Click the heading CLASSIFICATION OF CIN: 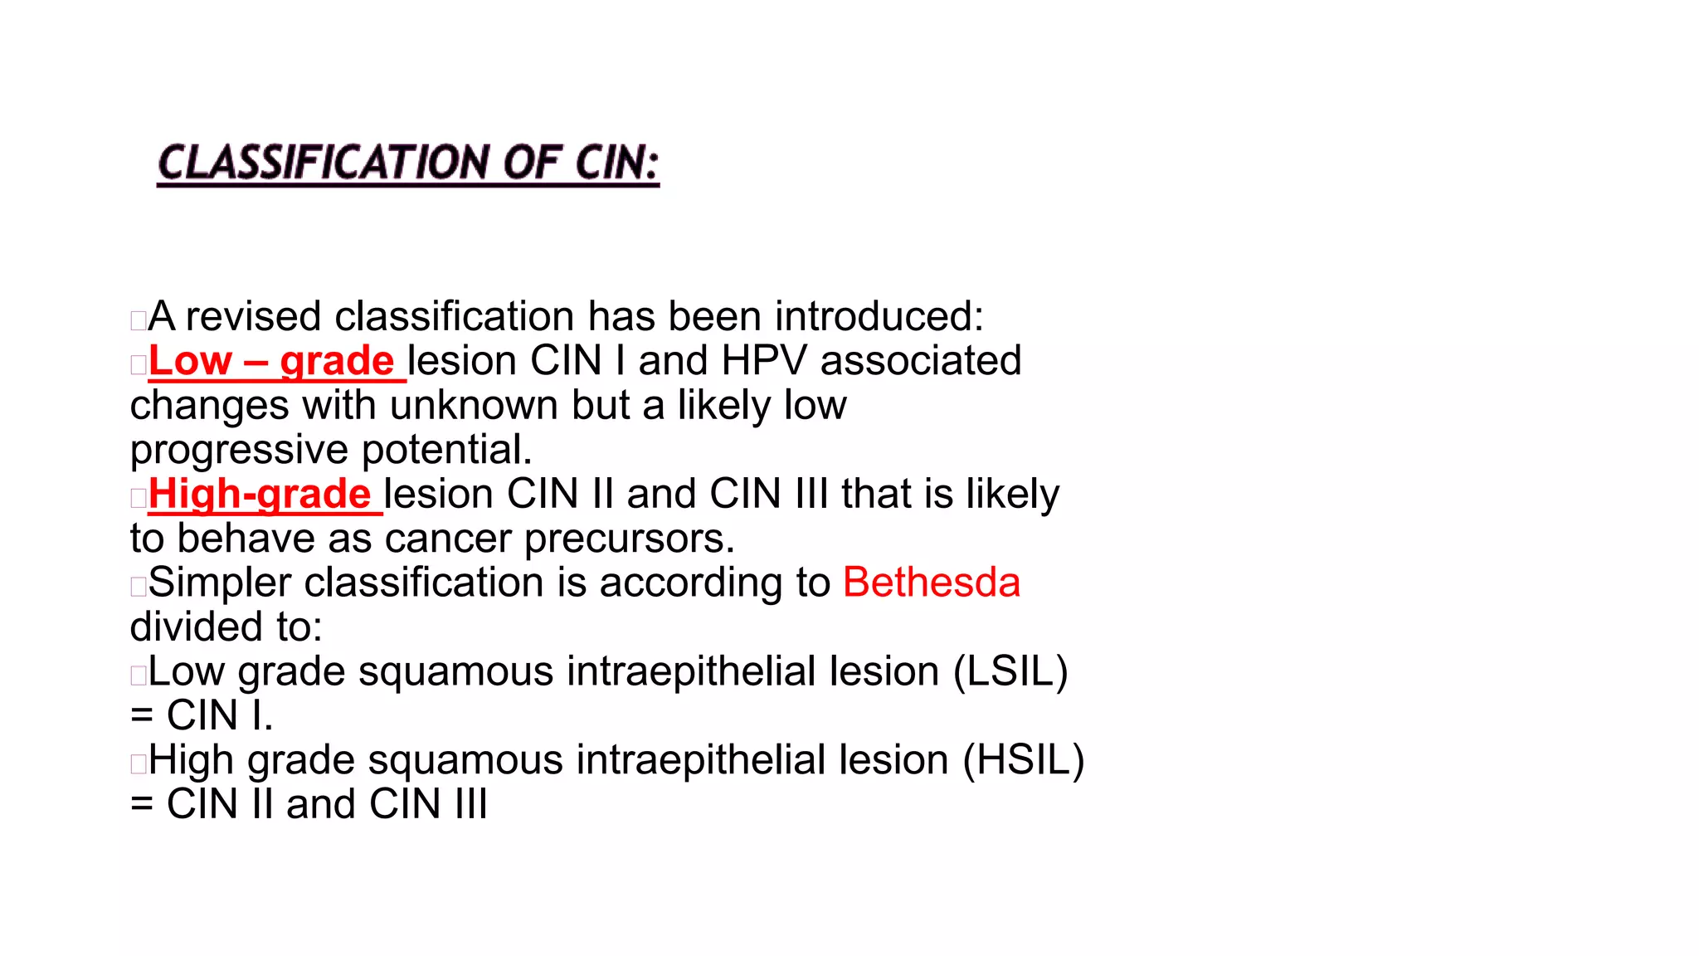(x=408, y=163)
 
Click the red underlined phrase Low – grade (x=271, y=361)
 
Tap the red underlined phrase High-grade (x=260, y=495)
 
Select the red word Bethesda (x=932, y=583)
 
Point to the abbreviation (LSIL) (x=1010, y=671)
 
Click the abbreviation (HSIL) (x=1024, y=760)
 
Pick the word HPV (x=764, y=361)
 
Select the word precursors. (x=630, y=539)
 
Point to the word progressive (x=240, y=451)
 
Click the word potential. (x=447, y=451)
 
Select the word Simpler (x=220, y=583)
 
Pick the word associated (x=921, y=361)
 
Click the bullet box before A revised (x=139, y=320)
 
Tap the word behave (x=246, y=539)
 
